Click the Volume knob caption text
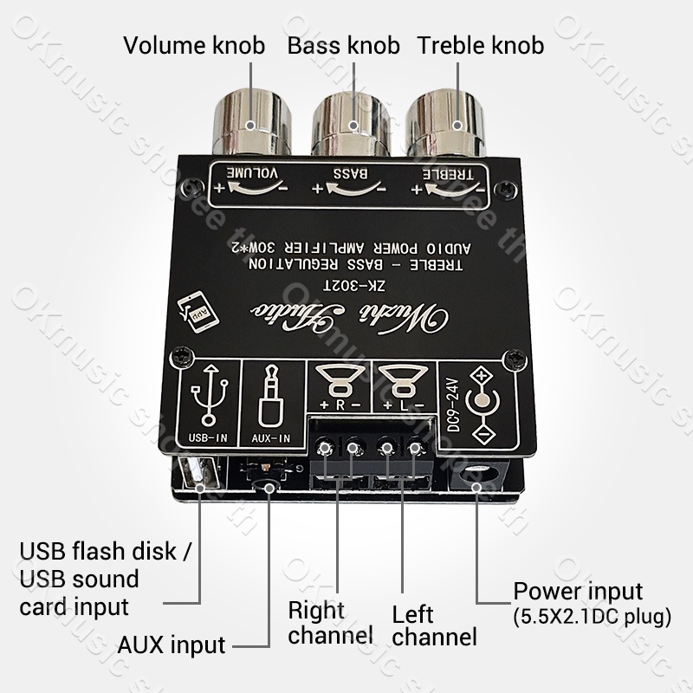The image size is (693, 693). pyautogui.click(x=193, y=45)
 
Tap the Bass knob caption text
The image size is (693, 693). pyautogui.click(x=344, y=45)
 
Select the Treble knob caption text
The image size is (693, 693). pyautogui.click(x=481, y=45)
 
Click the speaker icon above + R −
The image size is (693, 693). pyautogui.click(x=340, y=380)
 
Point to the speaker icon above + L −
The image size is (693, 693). pyautogui.click(x=400, y=380)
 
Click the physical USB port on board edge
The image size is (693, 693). pyautogui.click(x=198, y=476)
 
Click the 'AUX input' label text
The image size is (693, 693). pyautogui.click(x=171, y=644)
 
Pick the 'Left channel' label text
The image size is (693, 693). pyautogui.click(x=433, y=625)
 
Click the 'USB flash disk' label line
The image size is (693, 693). pyautogui.click(x=108, y=552)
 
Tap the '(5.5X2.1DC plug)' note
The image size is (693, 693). pyautogui.click(x=593, y=618)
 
